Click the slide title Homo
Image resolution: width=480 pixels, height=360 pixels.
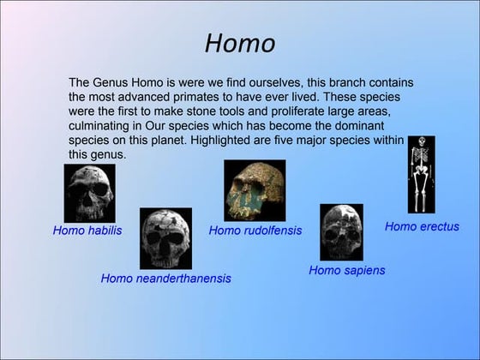pyautogui.click(x=240, y=43)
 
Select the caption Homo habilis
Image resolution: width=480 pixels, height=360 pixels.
pyautogui.click(x=87, y=231)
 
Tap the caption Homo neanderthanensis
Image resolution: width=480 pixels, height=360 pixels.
pyautogui.click(x=165, y=278)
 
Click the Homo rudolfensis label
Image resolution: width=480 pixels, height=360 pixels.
pyautogui.click(x=255, y=231)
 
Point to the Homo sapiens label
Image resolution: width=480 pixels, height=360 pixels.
pyautogui.click(x=346, y=270)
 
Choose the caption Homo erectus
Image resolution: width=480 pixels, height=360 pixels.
pyautogui.click(x=422, y=226)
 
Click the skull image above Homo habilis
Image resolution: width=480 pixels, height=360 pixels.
pyautogui.click(x=89, y=193)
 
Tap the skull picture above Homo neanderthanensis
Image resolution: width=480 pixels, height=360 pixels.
pyautogui.click(x=165, y=238)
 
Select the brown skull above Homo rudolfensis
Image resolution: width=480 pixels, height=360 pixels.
pyautogui.click(x=255, y=190)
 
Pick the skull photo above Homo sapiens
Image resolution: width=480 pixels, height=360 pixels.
pyautogui.click(x=341, y=231)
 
